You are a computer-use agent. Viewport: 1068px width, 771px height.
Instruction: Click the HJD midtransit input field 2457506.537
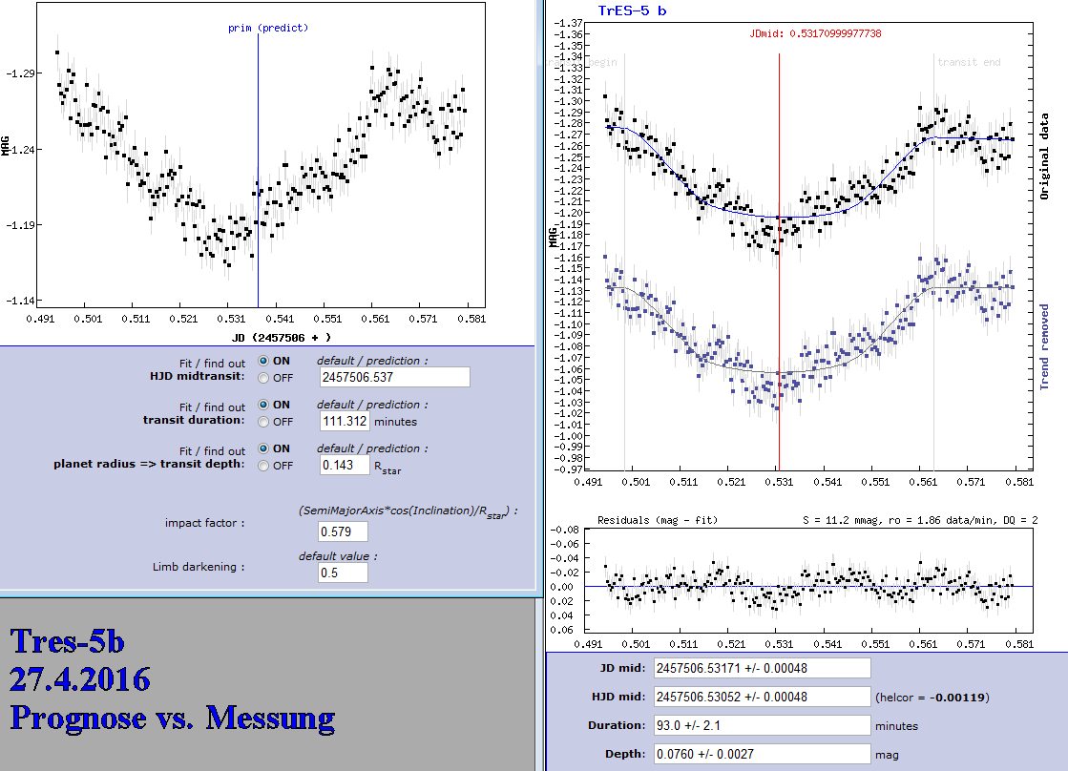395,377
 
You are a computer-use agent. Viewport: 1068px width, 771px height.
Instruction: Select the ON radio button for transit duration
262,405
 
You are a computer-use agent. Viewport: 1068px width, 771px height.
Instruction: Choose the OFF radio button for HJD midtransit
262,377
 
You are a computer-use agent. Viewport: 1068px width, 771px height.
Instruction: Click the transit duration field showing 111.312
345,421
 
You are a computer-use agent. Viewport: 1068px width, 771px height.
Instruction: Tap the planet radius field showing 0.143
345,465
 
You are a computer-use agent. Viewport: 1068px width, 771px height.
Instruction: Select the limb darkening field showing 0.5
343,573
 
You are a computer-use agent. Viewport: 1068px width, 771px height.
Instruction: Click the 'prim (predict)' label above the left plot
268,28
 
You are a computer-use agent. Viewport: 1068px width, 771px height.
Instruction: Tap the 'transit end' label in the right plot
969,62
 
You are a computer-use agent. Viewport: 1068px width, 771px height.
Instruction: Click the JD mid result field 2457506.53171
762,668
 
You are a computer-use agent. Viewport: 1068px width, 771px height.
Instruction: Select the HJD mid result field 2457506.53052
762,697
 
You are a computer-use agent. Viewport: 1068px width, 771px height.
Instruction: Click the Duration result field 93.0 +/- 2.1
762,725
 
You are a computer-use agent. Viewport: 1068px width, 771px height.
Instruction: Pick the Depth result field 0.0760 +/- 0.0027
762,754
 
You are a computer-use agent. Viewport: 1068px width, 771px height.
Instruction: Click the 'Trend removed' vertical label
1045,346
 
